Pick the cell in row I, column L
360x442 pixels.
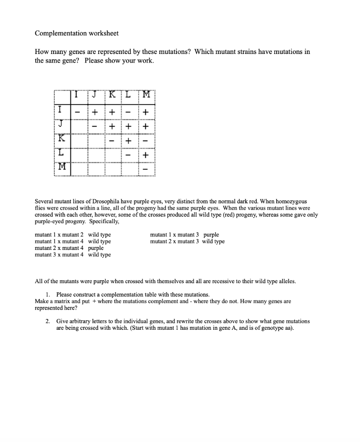point(129,112)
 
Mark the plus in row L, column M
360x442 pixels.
point(146,155)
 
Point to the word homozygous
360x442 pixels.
point(291,202)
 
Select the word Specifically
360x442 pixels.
point(104,221)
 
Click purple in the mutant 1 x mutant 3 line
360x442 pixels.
point(211,235)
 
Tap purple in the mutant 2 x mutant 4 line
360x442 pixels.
point(96,248)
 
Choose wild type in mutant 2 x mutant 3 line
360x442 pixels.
point(213,241)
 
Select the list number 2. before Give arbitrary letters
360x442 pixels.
point(48,322)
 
